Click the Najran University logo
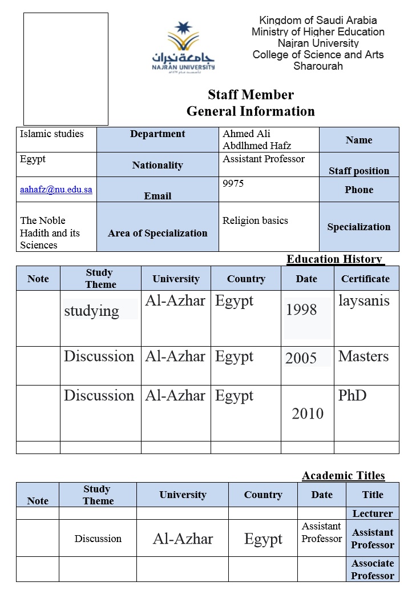point(183,47)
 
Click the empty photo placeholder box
point(66,69)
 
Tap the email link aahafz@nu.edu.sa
point(56,190)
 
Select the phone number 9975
point(233,183)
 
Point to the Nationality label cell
point(157,165)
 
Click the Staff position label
point(359,171)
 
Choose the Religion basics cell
point(255,220)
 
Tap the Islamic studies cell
point(52,134)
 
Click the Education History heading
point(334,259)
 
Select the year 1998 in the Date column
point(301,310)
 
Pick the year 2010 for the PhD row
point(308,414)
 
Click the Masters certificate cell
point(364,356)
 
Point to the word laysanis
point(364,300)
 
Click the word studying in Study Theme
point(91,311)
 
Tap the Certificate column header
point(365,279)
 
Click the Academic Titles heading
point(344,476)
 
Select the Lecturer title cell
point(373,513)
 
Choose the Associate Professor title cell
point(373,569)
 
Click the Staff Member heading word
point(251,95)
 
